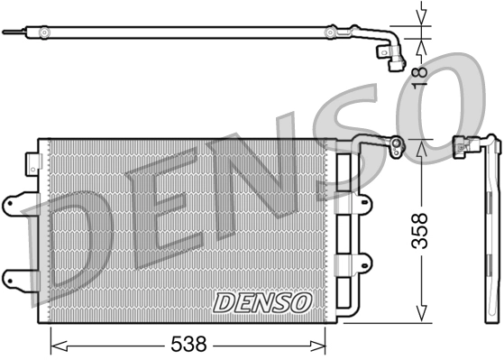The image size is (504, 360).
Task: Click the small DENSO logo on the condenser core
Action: tap(261, 302)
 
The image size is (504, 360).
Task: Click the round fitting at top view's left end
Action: tap(41, 32)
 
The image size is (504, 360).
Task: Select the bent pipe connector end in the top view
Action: tap(394, 61)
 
